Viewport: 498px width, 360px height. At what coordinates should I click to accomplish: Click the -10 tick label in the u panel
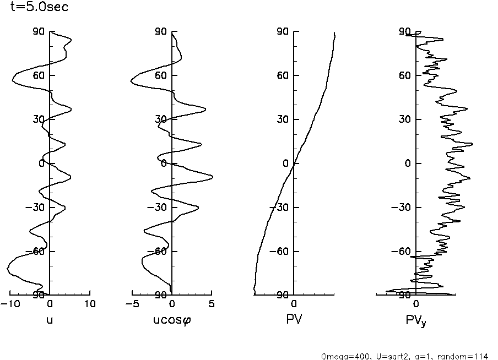9,304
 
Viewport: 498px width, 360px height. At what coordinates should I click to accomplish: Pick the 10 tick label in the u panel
90,304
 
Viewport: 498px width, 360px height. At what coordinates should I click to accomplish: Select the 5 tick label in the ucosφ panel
212,304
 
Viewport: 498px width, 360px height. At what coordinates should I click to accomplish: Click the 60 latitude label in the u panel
38,75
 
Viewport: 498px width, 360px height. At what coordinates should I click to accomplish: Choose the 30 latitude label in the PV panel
282,119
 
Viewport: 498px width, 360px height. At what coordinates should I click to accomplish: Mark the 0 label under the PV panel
294,304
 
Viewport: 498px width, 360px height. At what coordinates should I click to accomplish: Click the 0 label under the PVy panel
416,304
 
